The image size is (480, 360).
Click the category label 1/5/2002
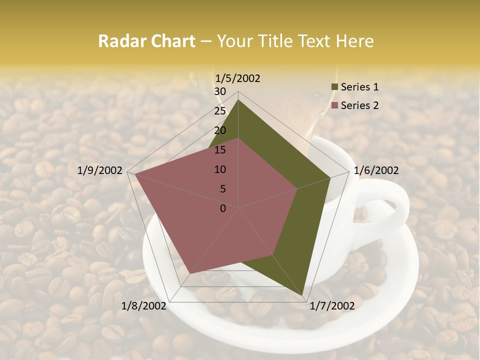[237, 78]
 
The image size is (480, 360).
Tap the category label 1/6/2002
[376, 170]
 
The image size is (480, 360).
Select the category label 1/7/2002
[332, 306]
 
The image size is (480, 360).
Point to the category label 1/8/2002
[143, 306]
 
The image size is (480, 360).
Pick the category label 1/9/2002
[100, 170]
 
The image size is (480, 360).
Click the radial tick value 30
[220, 91]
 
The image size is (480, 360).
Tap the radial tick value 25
[220, 111]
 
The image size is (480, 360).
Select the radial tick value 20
[220, 130]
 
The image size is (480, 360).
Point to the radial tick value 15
[220, 150]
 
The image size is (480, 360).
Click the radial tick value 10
[220, 169]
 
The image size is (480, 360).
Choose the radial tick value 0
[223, 208]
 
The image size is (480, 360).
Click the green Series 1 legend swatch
[334, 87]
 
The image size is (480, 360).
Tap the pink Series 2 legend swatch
[334, 105]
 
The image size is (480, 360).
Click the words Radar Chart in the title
[146, 41]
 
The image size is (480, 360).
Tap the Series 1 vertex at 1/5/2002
[238, 100]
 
